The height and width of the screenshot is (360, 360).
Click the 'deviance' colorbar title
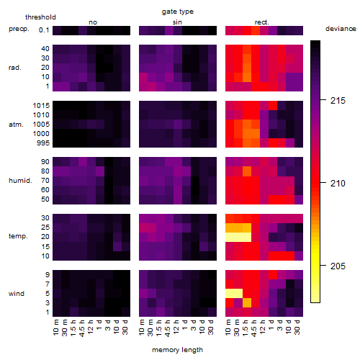(x=341, y=29)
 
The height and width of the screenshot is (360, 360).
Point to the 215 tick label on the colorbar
(x=338, y=101)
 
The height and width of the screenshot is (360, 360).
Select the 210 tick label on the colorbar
(x=338, y=184)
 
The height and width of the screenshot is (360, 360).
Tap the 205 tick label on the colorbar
(x=338, y=266)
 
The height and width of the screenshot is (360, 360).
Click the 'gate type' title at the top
(x=178, y=12)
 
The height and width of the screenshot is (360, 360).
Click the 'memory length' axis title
(x=177, y=350)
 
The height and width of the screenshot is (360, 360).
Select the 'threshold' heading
(x=40, y=17)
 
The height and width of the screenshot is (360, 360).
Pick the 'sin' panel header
(x=177, y=22)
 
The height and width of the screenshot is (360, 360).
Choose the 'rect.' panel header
(x=261, y=22)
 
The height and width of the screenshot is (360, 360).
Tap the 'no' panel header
(x=93, y=22)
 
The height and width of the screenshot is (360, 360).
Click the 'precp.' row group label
(x=19, y=29)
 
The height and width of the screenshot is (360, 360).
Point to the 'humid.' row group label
(x=20, y=181)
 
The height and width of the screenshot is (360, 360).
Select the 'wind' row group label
(x=17, y=294)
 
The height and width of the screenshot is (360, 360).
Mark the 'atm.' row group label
(x=16, y=125)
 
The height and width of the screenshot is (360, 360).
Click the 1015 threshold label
(x=41, y=106)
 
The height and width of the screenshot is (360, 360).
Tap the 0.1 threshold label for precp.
(x=44, y=30)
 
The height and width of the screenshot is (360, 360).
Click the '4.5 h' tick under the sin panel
(x=168, y=328)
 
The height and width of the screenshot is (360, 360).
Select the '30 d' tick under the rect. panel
(x=297, y=327)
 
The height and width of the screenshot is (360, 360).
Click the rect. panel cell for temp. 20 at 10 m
(x=230, y=237)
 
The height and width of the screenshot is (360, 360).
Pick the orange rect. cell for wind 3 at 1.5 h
(x=247, y=302)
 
